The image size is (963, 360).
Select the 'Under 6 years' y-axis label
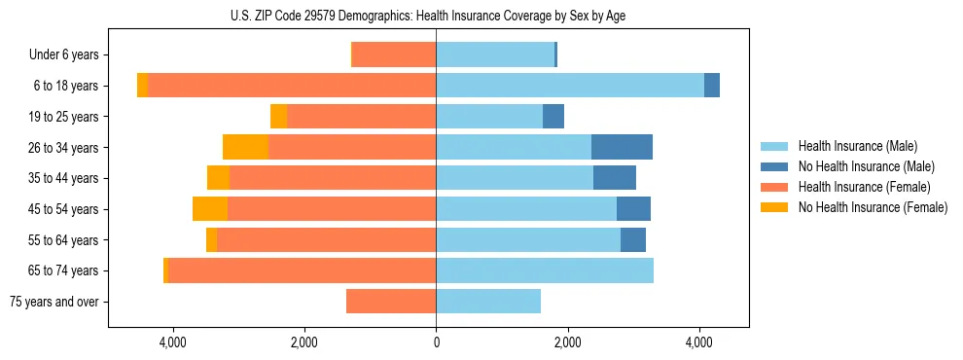[63, 54]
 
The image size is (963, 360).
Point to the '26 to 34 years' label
[63, 147]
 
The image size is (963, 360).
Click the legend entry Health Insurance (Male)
[857, 146]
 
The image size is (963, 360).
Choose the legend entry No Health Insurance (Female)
[873, 207]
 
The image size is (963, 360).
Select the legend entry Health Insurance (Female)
[865, 187]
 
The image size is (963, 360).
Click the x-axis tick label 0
[436, 342]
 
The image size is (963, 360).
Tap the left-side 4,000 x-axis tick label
[172, 342]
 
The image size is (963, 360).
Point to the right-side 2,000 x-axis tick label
[567, 342]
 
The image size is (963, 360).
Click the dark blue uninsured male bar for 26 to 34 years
[622, 147]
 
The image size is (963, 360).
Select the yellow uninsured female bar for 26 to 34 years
[245, 147]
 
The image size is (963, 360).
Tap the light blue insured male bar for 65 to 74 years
[545, 270]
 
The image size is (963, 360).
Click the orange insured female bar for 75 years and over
[391, 302]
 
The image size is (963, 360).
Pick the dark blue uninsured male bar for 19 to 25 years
[553, 117]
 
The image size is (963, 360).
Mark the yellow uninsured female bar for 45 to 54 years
[210, 209]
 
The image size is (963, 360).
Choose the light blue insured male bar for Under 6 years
[495, 54]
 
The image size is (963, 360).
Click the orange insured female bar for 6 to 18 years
[292, 86]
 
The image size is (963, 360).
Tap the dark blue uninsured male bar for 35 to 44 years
[615, 178]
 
